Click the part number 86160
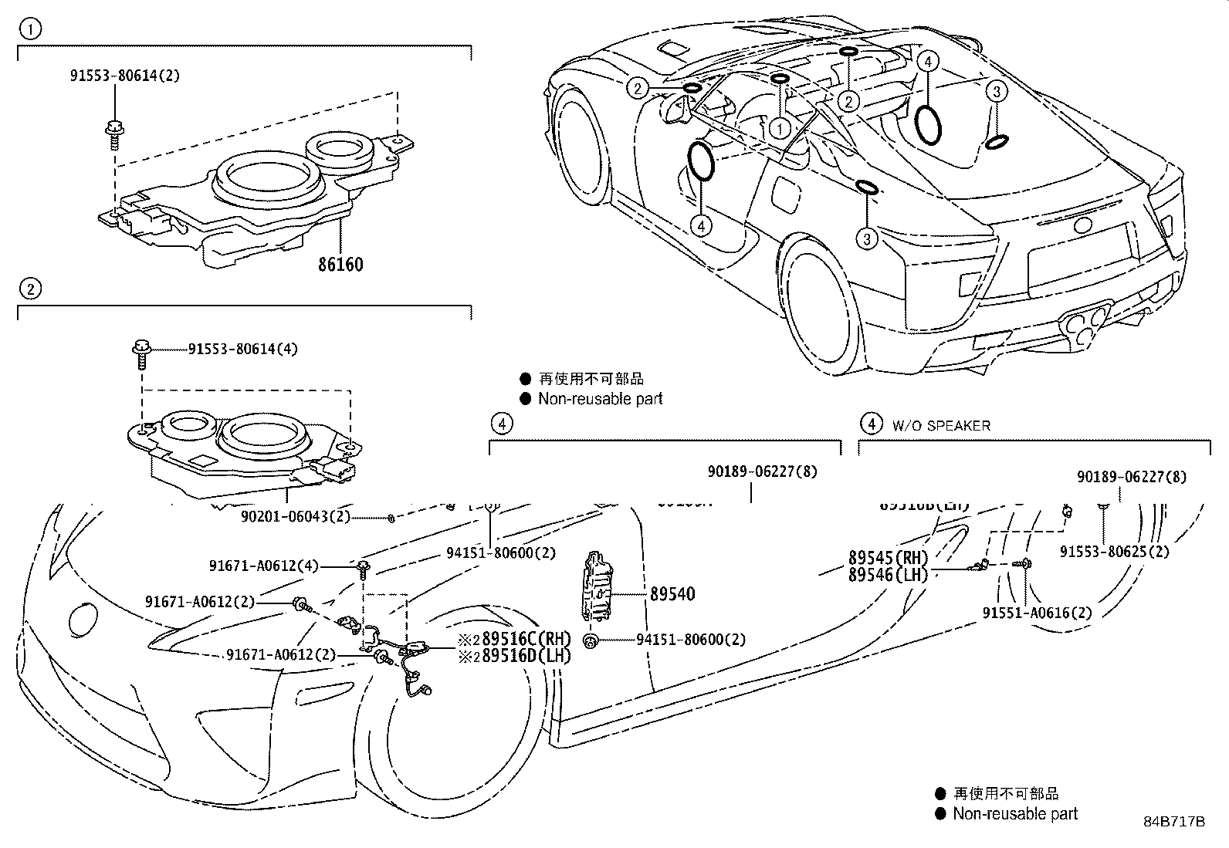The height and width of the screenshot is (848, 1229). (x=340, y=265)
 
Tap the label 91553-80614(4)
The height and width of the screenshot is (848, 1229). (x=242, y=349)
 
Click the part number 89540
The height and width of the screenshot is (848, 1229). (x=672, y=594)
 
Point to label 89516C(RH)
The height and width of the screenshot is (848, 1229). (x=514, y=639)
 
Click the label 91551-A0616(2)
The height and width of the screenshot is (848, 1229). (x=1037, y=613)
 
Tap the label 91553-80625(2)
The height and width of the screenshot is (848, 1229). (x=1114, y=552)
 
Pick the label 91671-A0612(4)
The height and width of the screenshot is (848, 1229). (x=263, y=566)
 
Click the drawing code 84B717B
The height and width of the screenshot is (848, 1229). (x=1173, y=821)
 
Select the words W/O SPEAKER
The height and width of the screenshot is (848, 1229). (x=941, y=425)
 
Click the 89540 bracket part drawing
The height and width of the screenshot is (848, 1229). (x=595, y=586)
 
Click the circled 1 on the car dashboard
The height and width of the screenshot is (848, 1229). (x=780, y=128)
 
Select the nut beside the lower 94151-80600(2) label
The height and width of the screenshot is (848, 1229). (x=591, y=641)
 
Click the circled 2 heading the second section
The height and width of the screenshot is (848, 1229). (x=30, y=289)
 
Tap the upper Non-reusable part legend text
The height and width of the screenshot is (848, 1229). (x=600, y=399)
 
